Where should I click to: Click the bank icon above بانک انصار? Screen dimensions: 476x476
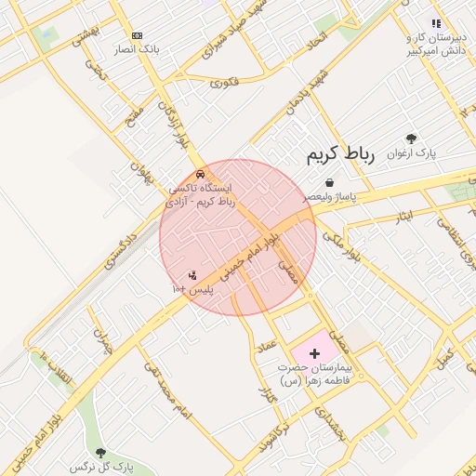pyautogui.click(x=138, y=34)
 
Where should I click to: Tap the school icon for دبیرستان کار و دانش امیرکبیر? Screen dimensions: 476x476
pyautogui.click(x=436, y=24)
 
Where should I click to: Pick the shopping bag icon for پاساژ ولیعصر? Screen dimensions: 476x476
pyautogui.click(x=329, y=184)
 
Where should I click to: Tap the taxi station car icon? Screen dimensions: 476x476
pyautogui.click(x=201, y=174)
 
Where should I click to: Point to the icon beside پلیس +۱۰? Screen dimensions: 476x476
pyautogui.click(x=192, y=275)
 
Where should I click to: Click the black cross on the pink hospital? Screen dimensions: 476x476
pyautogui.click(x=314, y=353)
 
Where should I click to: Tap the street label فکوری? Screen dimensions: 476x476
pyautogui.click(x=224, y=83)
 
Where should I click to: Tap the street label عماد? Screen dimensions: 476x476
pyautogui.click(x=269, y=349)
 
